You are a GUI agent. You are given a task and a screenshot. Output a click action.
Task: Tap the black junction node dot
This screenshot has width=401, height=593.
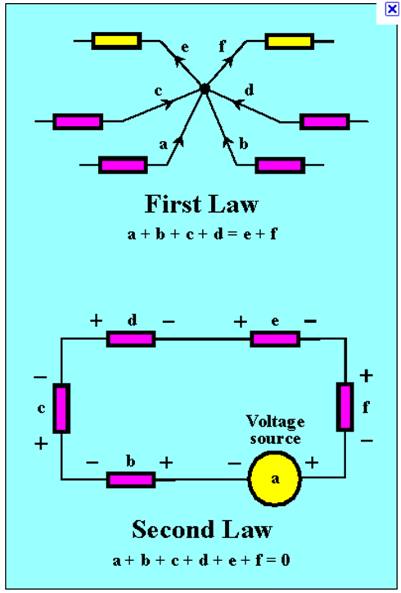[205, 88]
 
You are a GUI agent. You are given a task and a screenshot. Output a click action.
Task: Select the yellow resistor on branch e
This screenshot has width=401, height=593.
[116, 41]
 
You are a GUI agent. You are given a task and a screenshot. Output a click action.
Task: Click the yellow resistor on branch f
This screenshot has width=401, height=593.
[291, 41]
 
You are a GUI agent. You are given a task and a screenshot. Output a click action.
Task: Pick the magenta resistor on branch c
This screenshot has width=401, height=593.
[78, 122]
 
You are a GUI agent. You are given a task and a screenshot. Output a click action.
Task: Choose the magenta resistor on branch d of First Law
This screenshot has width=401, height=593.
[325, 122]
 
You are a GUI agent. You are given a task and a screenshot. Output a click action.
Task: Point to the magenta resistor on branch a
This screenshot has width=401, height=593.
[123, 165]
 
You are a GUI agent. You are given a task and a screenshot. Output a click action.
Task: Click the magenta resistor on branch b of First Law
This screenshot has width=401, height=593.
[280, 165]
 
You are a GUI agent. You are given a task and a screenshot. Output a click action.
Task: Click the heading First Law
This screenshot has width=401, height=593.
[201, 203]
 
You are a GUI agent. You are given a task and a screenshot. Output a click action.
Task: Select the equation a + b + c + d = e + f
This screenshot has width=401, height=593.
[201, 233]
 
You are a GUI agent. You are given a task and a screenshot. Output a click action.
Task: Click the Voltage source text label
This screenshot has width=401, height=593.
[275, 430]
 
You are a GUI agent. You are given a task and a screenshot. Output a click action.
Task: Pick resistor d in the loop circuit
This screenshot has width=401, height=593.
[131, 338]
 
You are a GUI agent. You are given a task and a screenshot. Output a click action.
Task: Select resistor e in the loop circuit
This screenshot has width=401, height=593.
[273, 338]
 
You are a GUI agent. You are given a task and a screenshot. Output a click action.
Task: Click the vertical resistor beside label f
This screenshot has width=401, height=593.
[345, 405]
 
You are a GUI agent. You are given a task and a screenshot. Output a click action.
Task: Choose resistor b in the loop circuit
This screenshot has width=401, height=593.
[131, 479]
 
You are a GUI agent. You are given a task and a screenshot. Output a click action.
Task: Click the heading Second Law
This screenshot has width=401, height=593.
[201, 529]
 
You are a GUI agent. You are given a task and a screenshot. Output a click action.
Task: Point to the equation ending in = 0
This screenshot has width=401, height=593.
[201, 561]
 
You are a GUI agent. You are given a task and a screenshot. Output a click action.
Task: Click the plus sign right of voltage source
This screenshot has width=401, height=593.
[312, 462]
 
